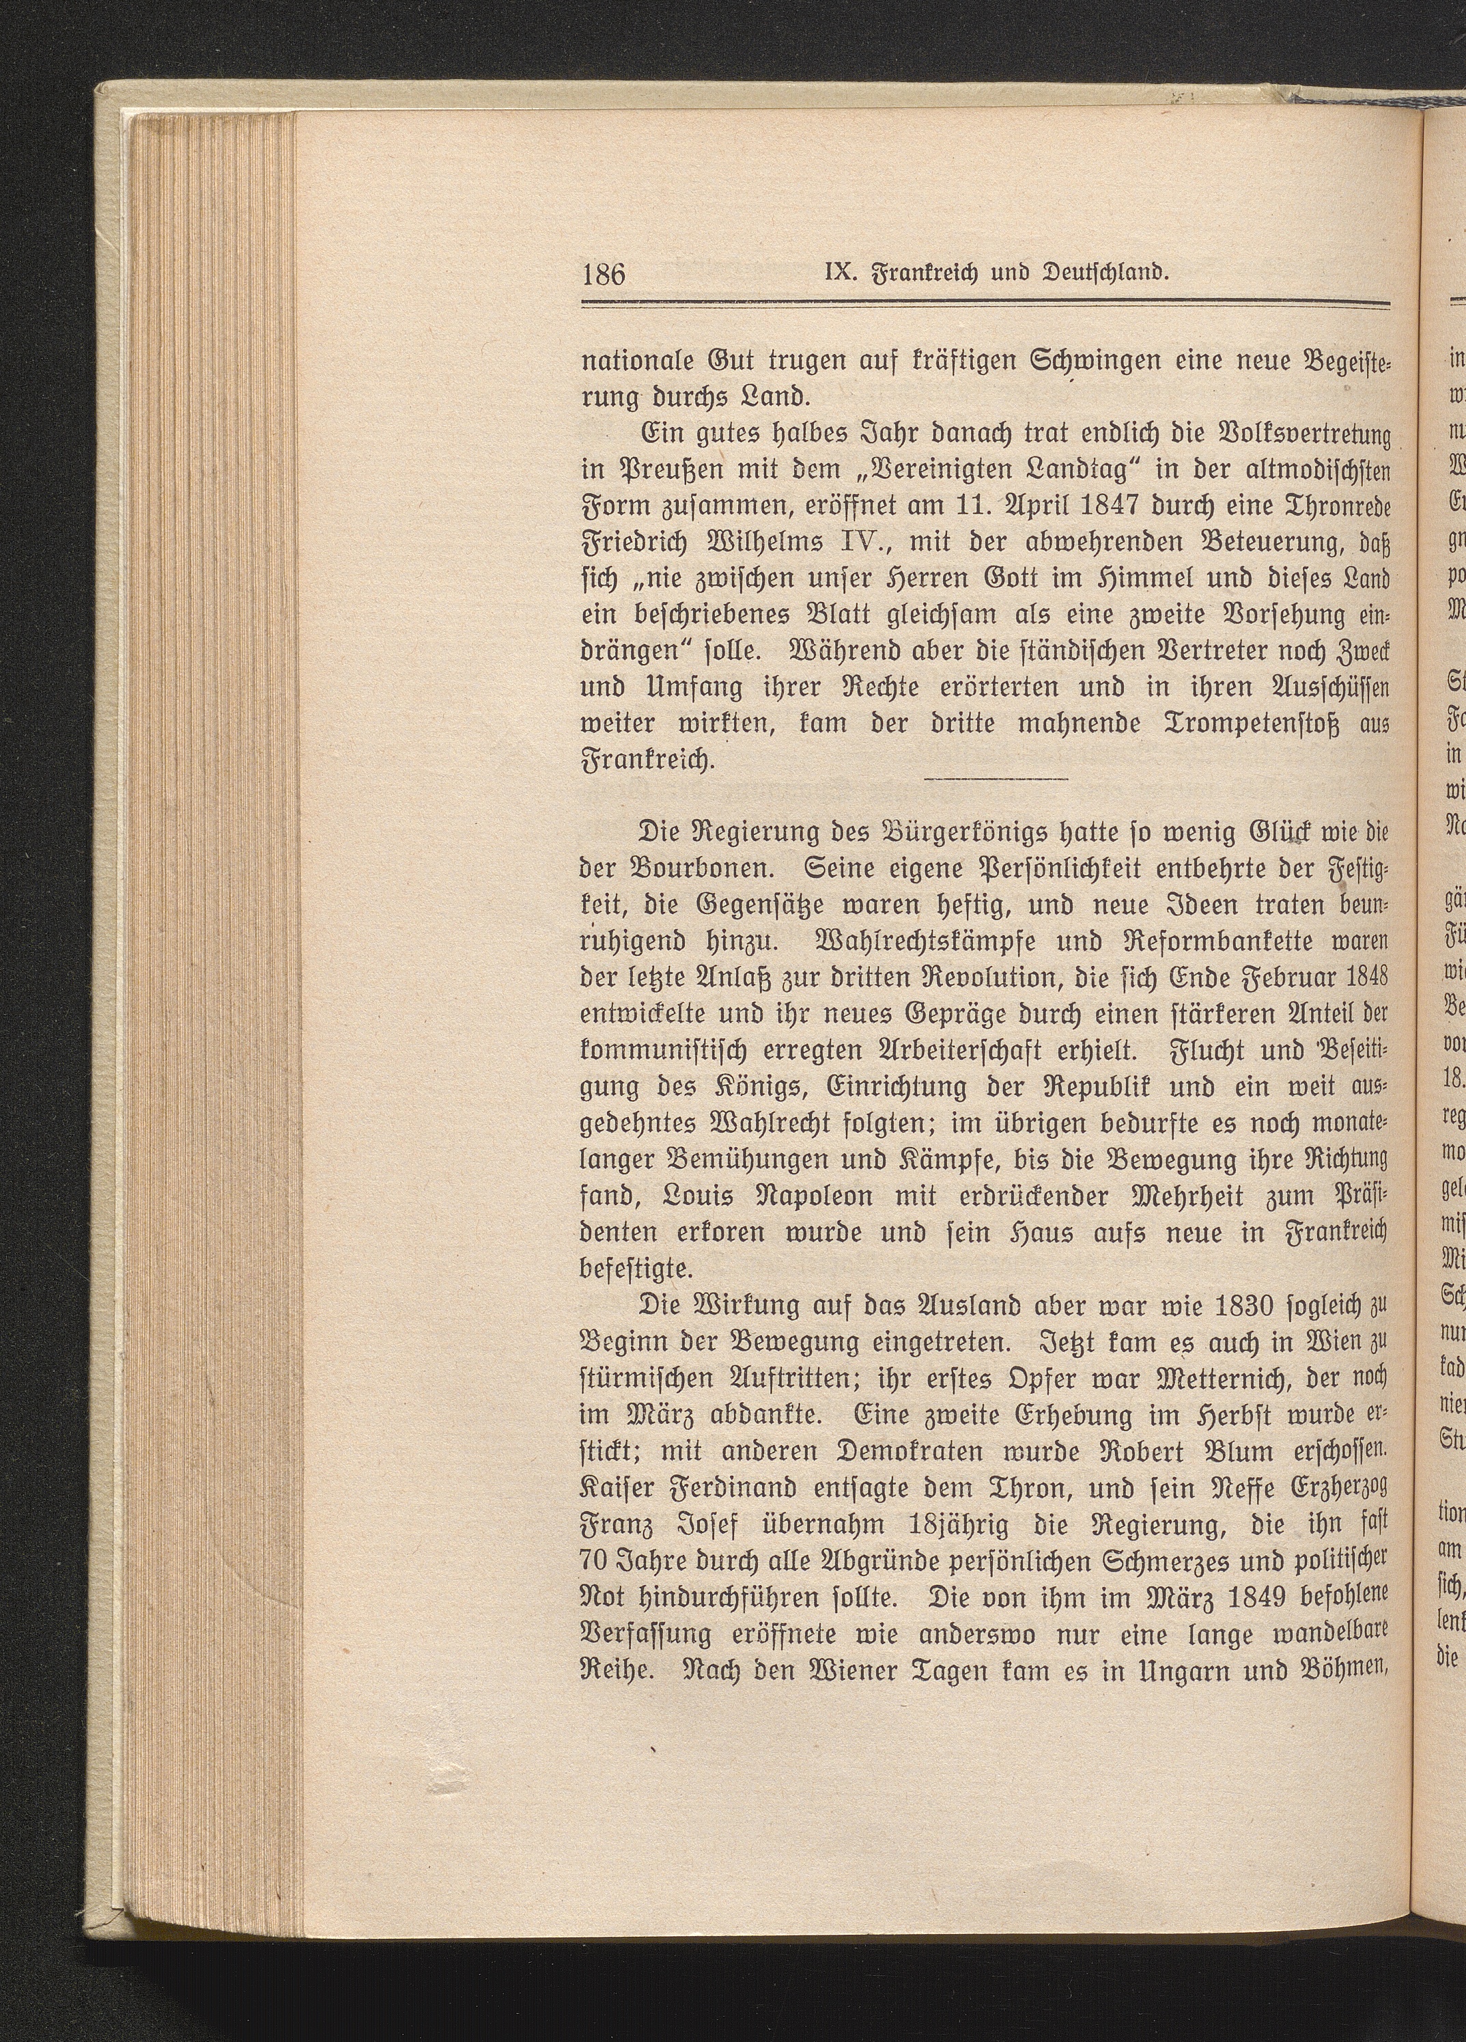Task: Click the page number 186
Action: coord(604,271)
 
